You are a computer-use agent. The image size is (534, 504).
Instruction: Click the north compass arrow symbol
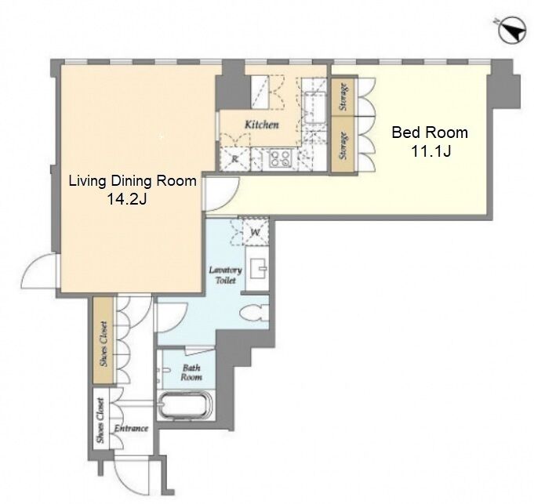pyautogui.click(x=512, y=31)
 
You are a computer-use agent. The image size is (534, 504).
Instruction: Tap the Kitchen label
pyautogui.click(x=262, y=125)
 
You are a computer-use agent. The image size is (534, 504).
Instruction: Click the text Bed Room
pyautogui.click(x=430, y=132)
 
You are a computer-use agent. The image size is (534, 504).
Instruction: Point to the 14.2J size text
pyautogui.click(x=127, y=199)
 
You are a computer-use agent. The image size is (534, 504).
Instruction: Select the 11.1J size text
pyautogui.click(x=431, y=150)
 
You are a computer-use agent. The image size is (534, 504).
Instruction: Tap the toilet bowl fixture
pyautogui.click(x=254, y=313)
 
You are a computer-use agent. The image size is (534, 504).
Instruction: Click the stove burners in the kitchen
pyautogui.click(x=280, y=158)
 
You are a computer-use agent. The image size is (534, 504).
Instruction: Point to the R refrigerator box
pyautogui.click(x=235, y=159)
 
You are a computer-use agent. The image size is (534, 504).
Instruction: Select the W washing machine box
pyautogui.click(x=256, y=233)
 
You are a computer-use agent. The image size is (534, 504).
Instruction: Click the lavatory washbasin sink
pyautogui.click(x=259, y=269)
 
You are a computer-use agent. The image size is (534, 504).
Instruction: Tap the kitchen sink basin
pyautogui.click(x=315, y=107)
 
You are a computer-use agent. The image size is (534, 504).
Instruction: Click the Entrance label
pyautogui.click(x=131, y=428)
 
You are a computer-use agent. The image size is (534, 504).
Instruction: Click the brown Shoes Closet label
pyautogui.click(x=104, y=344)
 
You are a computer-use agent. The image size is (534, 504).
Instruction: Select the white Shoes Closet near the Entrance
pyautogui.click(x=100, y=420)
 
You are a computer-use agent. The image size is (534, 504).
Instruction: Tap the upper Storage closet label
pyautogui.click(x=344, y=96)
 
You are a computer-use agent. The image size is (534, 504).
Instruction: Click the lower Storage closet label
pyautogui.click(x=344, y=146)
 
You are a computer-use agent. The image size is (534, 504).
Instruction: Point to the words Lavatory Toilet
pyautogui.click(x=226, y=275)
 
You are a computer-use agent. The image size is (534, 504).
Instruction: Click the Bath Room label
pyautogui.click(x=191, y=372)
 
